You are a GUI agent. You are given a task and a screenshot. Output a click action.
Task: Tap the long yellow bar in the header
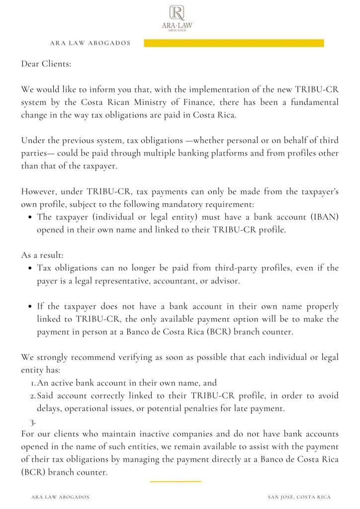tap(234, 43)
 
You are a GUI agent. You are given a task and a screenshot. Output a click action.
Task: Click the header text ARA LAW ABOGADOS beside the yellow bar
tap(90, 43)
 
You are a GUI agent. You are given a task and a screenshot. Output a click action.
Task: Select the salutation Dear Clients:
tap(45, 64)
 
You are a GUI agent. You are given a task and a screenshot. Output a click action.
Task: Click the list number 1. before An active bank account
tap(33, 383)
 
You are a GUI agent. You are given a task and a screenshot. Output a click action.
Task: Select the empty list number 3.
tap(33, 422)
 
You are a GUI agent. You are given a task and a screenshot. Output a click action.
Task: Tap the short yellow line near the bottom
tap(176, 481)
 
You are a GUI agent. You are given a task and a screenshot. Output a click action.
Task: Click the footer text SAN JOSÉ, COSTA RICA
tap(299, 497)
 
